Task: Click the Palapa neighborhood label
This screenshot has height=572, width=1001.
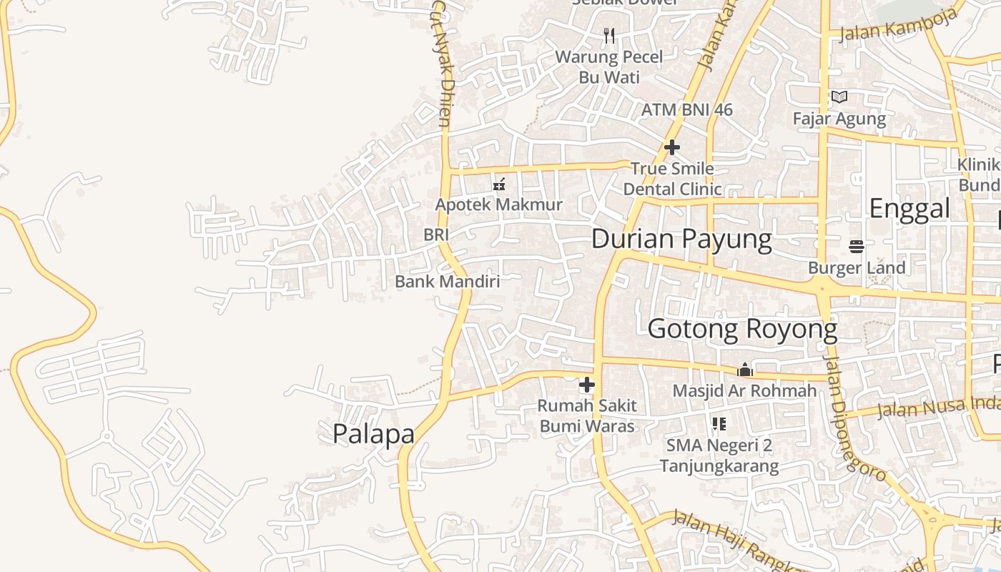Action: pyautogui.click(x=373, y=434)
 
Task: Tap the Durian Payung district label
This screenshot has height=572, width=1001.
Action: pyautogui.click(x=681, y=239)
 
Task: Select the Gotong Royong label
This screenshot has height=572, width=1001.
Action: pyautogui.click(x=742, y=330)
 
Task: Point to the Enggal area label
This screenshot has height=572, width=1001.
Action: pyautogui.click(x=909, y=209)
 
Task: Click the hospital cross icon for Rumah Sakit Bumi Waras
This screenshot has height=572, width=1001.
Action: pyautogui.click(x=587, y=385)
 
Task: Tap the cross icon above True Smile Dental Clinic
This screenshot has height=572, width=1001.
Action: pyautogui.click(x=671, y=147)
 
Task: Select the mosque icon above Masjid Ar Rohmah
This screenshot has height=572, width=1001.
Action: pyautogui.click(x=745, y=370)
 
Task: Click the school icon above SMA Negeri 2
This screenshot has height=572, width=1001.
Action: pyautogui.click(x=719, y=424)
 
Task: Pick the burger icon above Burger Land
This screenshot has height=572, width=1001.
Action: pyautogui.click(x=857, y=247)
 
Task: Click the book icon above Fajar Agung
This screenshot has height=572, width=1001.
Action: pyautogui.click(x=839, y=97)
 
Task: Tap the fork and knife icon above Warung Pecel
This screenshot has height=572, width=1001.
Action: pyautogui.click(x=609, y=36)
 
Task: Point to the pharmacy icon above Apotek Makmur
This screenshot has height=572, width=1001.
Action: pyautogui.click(x=499, y=184)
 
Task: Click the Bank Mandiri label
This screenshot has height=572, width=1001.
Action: pyautogui.click(x=448, y=282)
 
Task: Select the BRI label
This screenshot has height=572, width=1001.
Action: pyautogui.click(x=436, y=235)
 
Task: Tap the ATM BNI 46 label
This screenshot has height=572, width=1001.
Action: pyautogui.click(x=687, y=110)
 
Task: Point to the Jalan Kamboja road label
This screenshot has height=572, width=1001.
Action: pyautogui.click(x=898, y=29)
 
